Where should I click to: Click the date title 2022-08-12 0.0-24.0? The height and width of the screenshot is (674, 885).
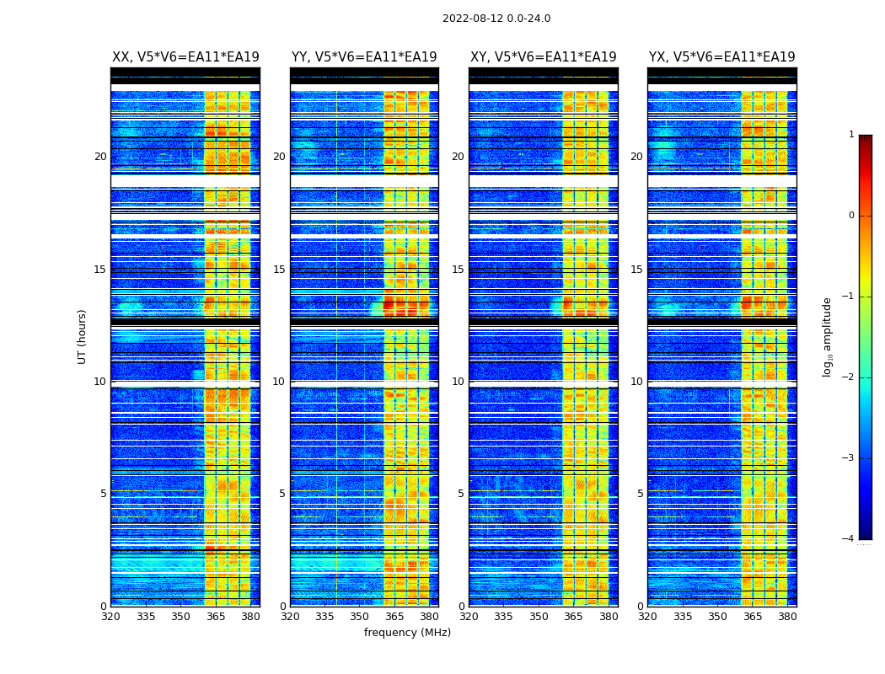(x=496, y=19)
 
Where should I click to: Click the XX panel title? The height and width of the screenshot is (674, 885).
(x=185, y=57)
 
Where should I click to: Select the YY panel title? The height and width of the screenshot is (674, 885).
(x=364, y=57)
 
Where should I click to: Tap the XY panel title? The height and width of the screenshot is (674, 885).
(x=543, y=57)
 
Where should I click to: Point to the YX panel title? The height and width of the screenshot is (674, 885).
(x=721, y=57)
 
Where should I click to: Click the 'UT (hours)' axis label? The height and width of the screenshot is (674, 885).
(x=83, y=336)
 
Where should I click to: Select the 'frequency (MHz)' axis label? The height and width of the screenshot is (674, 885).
(x=407, y=633)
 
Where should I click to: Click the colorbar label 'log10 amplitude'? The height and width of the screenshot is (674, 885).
(x=828, y=336)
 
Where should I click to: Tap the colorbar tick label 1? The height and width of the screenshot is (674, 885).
(x=851, y=135)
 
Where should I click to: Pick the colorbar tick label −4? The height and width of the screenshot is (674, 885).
(x=849, y=539)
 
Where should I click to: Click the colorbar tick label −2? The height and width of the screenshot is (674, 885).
(x=849, y=377)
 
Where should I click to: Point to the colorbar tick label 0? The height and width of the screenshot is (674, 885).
(x=851, y=216)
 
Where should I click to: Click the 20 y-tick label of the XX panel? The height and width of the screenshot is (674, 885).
(x=100, y=157)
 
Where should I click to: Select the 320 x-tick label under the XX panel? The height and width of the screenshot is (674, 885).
(x=111, y=617)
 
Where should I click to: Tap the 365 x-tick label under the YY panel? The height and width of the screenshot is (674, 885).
(x=394, y=617)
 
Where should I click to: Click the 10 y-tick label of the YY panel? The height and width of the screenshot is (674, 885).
(x=279, y=382)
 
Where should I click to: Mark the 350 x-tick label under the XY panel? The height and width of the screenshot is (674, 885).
(x=539, y=617)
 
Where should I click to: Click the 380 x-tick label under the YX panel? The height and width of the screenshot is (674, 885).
(x=787, y=617)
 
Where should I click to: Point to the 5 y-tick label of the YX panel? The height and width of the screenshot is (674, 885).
(x=640, y=494)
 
